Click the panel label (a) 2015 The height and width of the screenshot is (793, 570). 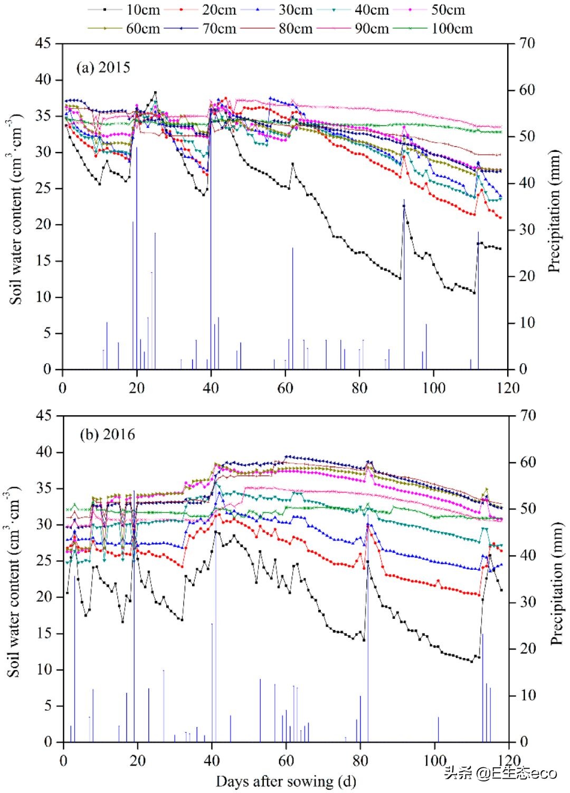[x=103, y=68]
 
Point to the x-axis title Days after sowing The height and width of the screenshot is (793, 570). [x=286, y=781]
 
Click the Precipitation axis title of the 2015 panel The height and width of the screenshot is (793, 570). [x=554, y=211]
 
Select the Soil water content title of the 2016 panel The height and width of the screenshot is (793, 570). [x=14, y=580]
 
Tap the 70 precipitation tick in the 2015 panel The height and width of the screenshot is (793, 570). [x=525, y=43]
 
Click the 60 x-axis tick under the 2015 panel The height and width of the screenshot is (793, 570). [x=286, y=388]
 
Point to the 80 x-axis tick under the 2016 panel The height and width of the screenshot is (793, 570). [x=360, y=760]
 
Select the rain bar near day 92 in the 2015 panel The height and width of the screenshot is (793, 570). [x=404, y=285]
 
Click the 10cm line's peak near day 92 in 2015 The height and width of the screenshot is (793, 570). [x=404, y=206]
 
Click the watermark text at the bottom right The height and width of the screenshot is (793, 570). [x=500, y=773]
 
